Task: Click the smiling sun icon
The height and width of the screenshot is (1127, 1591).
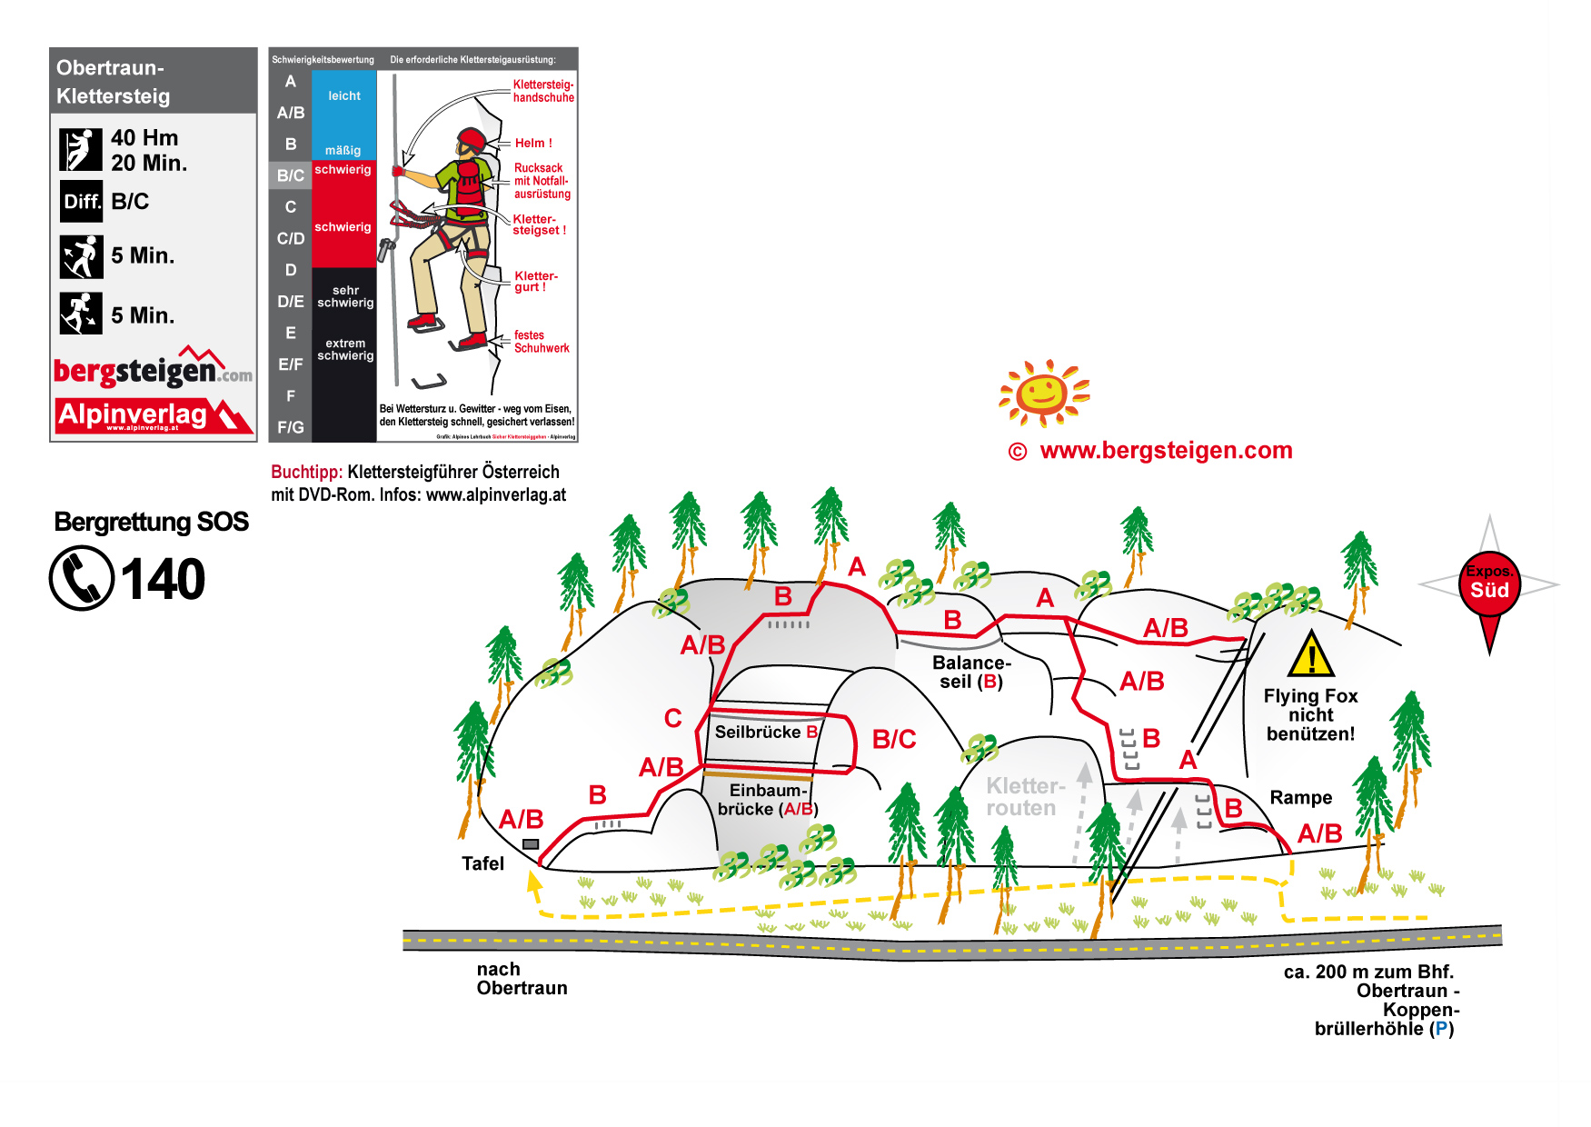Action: pos(1043,393)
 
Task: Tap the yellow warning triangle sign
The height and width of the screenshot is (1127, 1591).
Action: pos(1310,655)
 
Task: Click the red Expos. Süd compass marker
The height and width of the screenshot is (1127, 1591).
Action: pos(1489,585)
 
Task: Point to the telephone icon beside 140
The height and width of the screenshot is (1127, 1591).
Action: pos(82,578)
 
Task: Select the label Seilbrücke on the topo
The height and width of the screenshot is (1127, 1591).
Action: pos(757,733)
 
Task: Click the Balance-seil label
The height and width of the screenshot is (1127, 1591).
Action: pos(970,673)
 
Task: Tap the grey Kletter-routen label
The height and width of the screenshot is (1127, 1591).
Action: pos(1023,797)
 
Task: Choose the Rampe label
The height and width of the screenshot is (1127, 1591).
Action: pos(1300,798)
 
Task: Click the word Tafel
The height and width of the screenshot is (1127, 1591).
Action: pos(482,863)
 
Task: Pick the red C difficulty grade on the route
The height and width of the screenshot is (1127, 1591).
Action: pos(672,719)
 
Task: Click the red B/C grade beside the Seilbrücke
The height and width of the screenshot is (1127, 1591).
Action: pos(893,740)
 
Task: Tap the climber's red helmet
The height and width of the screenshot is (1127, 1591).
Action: pos(472,140)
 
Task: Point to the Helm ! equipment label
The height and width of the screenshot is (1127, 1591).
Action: pos(533,144)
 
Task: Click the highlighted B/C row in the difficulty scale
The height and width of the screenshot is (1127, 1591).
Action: pos(291,175)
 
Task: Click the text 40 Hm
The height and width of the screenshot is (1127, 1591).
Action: pos(144,138)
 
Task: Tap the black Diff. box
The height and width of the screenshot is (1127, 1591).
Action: pos(82,202)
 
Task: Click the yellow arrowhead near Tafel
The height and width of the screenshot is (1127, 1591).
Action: pos(534,880)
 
